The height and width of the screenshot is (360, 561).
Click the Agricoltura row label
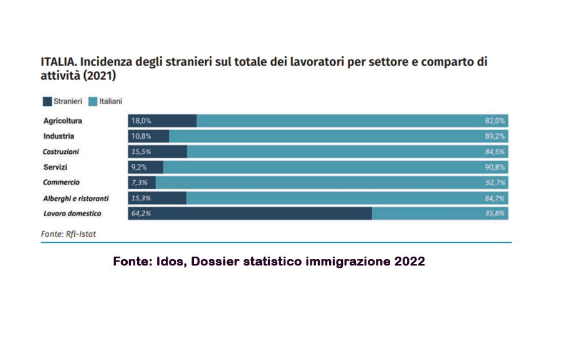(x=62, y=121)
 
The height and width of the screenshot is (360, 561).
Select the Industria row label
(x=59, y=136)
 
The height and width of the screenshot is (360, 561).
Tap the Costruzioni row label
(x=61, y=151)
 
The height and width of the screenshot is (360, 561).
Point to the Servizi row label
(x=55, y=167)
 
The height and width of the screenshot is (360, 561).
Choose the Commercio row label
(x=61, y=182)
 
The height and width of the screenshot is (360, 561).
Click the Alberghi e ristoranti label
(x=76, y=198)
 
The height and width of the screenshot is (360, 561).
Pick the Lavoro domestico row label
(x=72, y=214)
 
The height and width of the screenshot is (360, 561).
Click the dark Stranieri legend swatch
(x=47, y=100)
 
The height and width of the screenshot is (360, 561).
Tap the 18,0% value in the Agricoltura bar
(x=141, y=121)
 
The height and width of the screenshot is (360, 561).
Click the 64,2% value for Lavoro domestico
(x=141, y=214)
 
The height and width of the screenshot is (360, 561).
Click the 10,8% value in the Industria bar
(x=141, y=136)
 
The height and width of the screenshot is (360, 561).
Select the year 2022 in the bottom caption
(x=410, y=262)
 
